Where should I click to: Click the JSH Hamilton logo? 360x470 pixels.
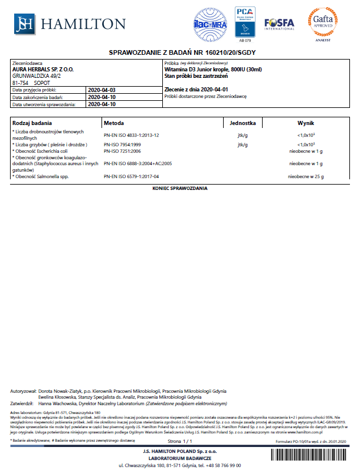(x=70, y=23)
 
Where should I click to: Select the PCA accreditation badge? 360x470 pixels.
(x=244, y=23)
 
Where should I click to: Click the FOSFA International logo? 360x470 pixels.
(x=279, y=24)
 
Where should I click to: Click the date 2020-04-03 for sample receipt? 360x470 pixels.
(x=102, y=90)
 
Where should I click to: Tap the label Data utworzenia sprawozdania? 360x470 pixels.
(x=44, y=104)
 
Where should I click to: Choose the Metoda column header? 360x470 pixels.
(x=114, y=124)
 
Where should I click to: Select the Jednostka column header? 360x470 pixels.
(x=242, y=124)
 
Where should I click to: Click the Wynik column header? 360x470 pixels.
(x=306, y=124)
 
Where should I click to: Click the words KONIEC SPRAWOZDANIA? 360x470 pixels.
(x=179, y=188)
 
